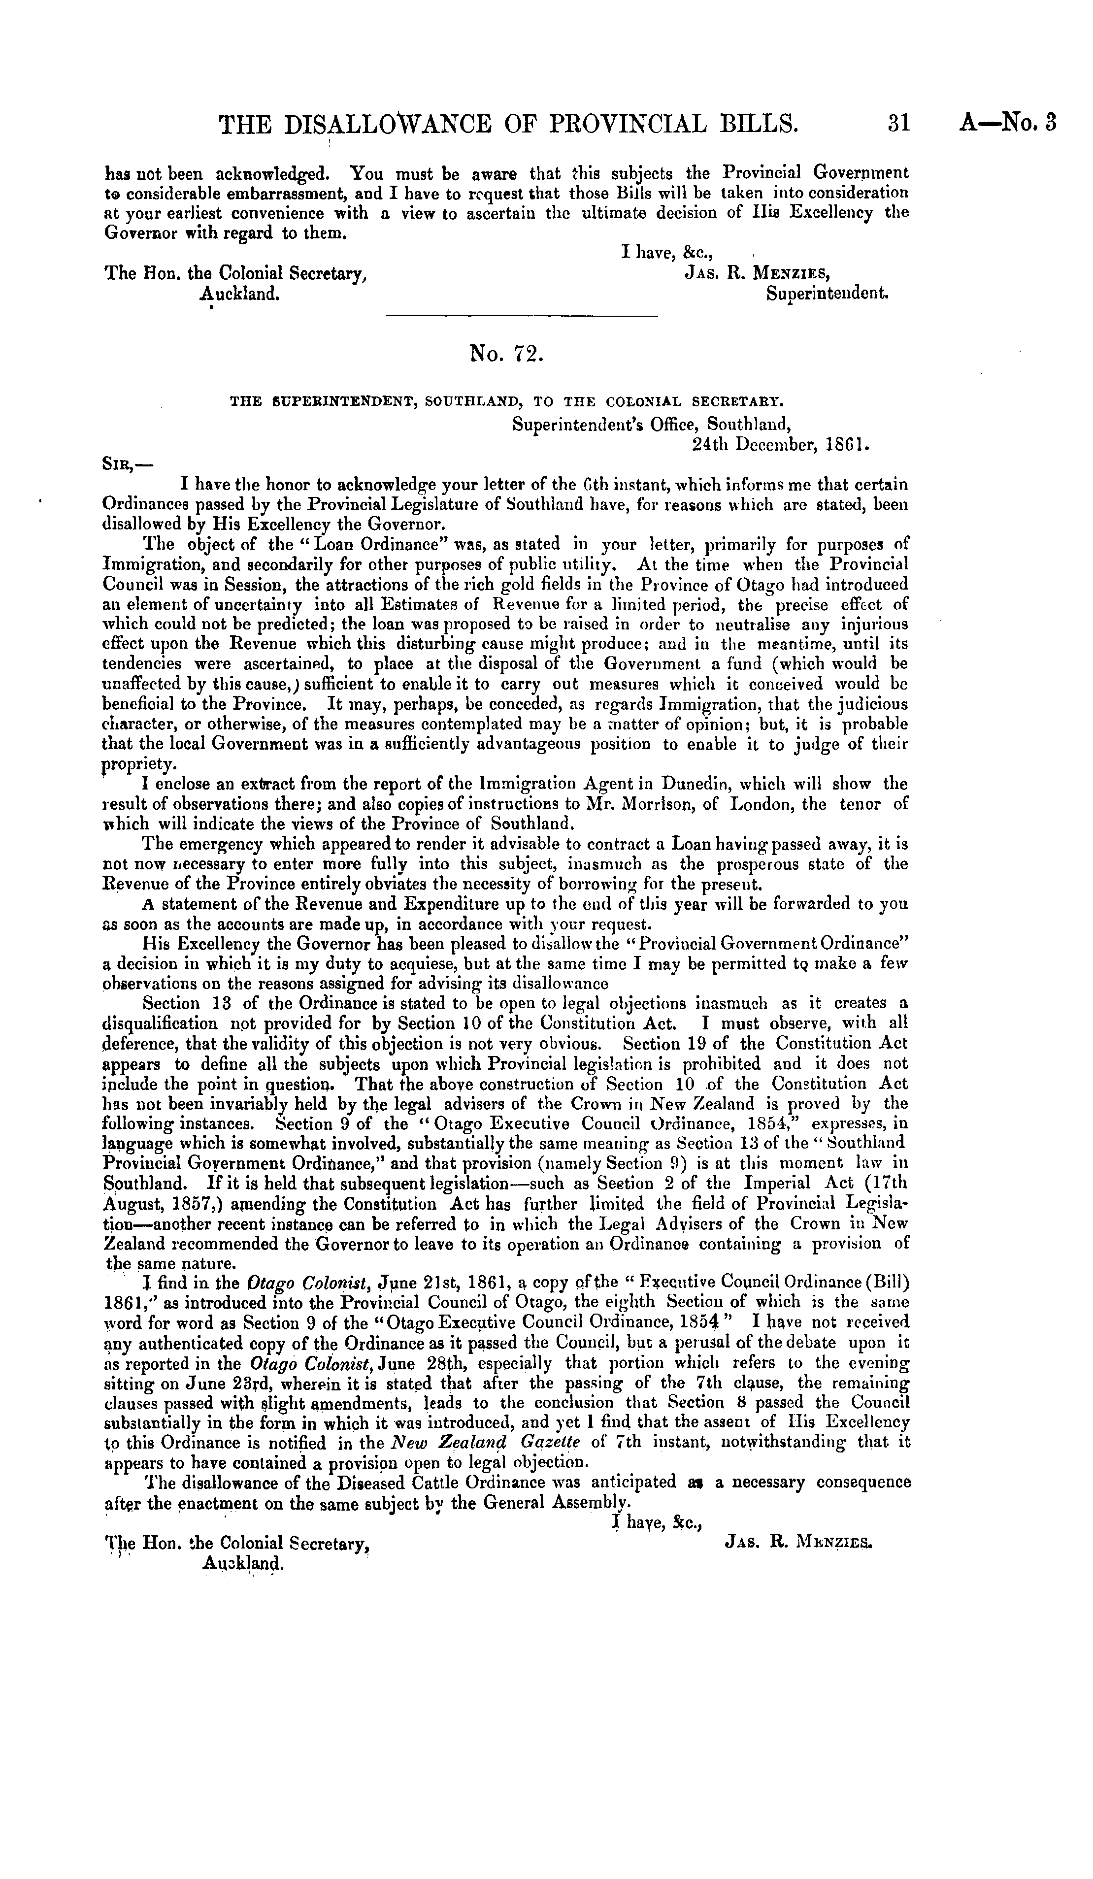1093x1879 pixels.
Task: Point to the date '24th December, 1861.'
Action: [x=781, y=445]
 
